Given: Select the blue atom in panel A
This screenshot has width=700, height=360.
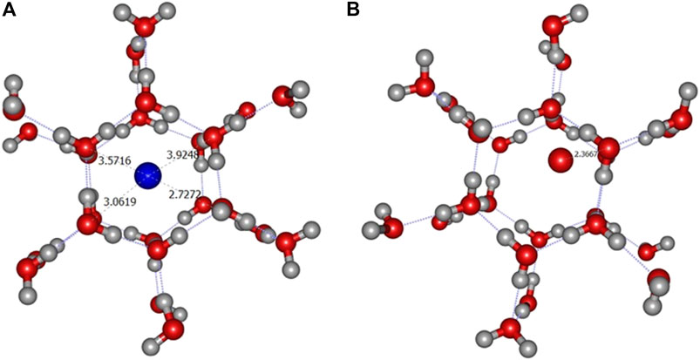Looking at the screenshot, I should [148, 177].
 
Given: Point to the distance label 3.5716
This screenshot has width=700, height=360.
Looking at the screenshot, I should [112, 162].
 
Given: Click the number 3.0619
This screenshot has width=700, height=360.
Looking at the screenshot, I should [119, 202].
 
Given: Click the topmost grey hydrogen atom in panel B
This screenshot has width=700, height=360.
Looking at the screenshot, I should [577, 12].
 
